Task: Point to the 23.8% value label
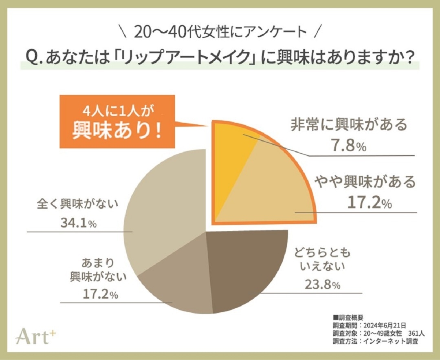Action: click(322, 285)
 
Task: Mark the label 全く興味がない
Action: click(77, 203)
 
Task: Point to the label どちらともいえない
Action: click(322, 260)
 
